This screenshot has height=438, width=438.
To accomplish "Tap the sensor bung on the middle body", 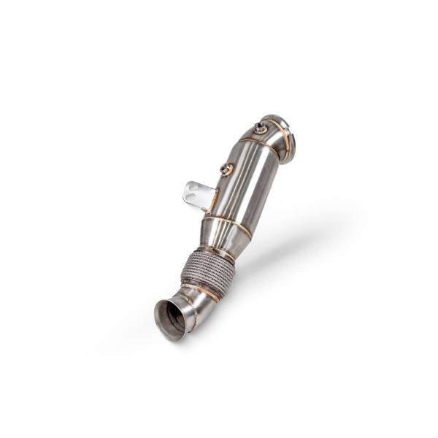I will pos(226,170).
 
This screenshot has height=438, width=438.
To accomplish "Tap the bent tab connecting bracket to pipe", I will pos(212,195).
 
